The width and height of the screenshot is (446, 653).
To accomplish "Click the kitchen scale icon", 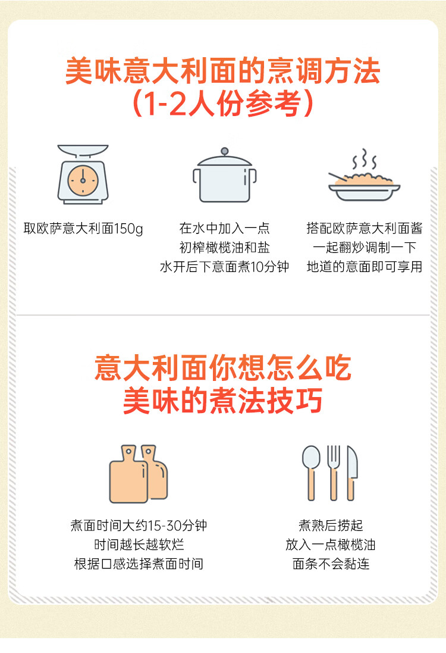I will coord(83,174).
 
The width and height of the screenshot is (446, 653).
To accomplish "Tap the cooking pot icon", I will coord(224,177).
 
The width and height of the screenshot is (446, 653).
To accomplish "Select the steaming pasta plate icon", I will coord(364,179).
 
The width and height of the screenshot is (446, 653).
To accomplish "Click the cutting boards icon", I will coord(138,474).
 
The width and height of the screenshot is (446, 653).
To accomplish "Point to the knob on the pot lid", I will coord(224,152).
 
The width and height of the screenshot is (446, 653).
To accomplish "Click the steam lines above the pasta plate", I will coord(365,160).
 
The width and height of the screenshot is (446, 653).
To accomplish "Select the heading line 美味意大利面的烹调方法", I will coord(222,72).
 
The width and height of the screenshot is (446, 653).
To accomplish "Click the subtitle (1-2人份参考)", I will coord(222,104).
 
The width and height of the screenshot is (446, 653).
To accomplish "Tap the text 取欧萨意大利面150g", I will coord(83,229).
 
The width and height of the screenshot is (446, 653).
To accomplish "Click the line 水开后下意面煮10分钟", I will coord(224,267).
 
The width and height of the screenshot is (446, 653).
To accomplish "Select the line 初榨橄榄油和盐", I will coord(224,248).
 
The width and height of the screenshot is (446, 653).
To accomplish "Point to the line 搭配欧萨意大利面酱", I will coord(364,229).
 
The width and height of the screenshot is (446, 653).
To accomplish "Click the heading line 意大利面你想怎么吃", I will coord(222,368).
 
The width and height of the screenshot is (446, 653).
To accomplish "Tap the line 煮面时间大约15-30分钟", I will coord(139,526).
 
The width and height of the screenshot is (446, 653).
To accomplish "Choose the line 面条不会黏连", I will coord(331,564).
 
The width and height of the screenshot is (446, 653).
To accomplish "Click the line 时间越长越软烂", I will coord(139,545).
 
